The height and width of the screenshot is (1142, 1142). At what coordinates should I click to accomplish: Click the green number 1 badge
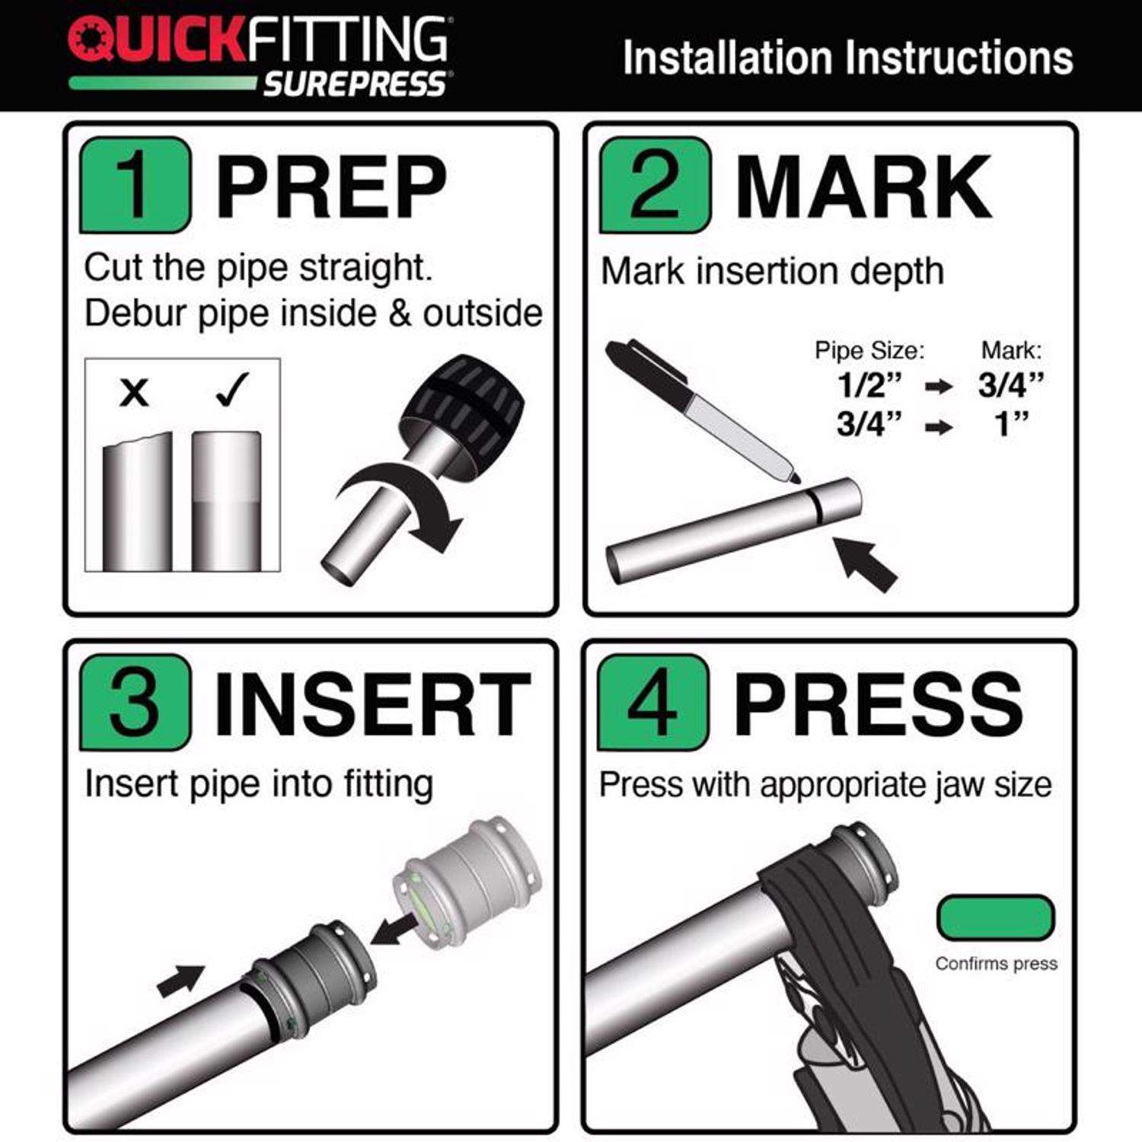[x=136, y=185]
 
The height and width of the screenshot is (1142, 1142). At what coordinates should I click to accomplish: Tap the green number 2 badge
[x=655, y=185]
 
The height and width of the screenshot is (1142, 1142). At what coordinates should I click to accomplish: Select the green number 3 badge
[x=136, y=702]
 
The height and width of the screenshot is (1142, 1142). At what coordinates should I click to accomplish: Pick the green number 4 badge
[x=653, y=702]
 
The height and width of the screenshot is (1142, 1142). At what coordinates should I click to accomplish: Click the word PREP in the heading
[x=331, y=187]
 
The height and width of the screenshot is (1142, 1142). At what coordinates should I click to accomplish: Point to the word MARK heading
[x=864, y=187]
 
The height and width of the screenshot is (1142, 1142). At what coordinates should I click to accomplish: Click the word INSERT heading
[x=373, y=703]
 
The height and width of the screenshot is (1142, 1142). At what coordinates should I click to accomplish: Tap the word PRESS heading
[x=879, y=703]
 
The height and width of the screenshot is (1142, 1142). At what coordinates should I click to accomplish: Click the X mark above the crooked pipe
[x=135, y=393]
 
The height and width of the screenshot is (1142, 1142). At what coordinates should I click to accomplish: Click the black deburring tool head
[x=463, y=407]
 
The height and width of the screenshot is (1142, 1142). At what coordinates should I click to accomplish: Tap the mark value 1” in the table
[x=1012, y=423]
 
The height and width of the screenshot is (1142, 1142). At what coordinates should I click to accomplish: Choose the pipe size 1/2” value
[x=869, y=384]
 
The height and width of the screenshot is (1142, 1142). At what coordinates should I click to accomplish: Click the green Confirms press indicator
[x=996, y=917]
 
